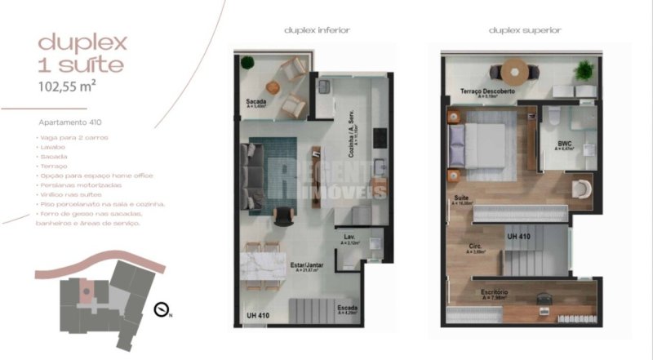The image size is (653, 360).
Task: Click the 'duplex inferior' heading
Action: tap(317, 30)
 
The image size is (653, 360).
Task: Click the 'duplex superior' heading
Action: tap(525, 30)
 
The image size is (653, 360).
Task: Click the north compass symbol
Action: tap(162, 309)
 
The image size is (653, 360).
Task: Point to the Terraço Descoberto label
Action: tap(487, 91)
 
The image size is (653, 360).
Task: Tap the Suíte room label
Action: tap(461, 199)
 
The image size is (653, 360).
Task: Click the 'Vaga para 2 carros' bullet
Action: tap(74, 137)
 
